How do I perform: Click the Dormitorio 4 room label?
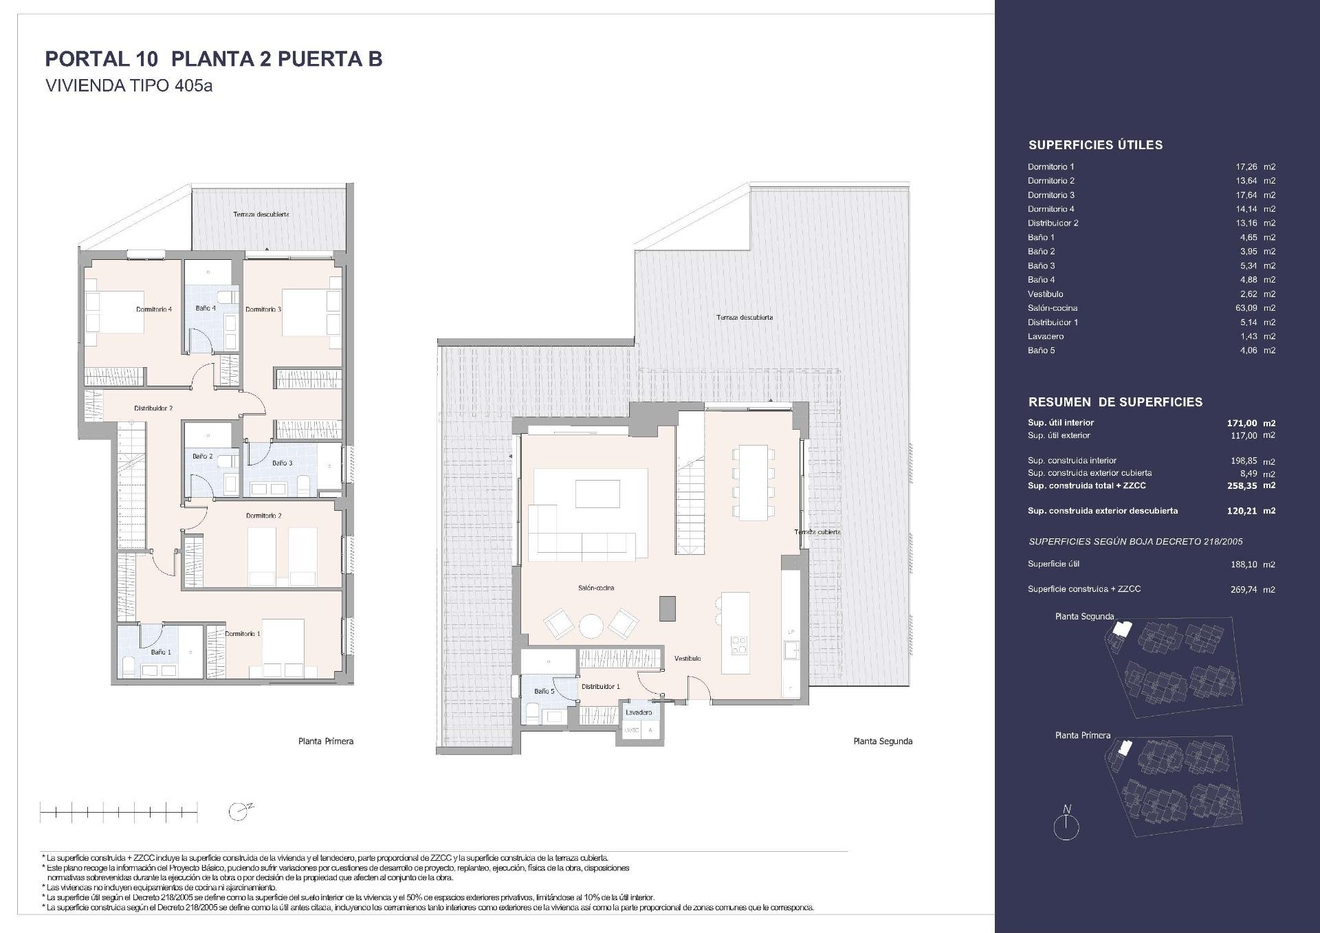pos(154,309)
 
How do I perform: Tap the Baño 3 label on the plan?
pos(282,463)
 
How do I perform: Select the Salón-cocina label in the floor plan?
pos(596,588)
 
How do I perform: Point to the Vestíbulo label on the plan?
pos(687,659)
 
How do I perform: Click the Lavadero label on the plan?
pos(639,712)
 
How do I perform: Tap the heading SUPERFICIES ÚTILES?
pos(1095,145)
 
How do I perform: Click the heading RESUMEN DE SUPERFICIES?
pos(1115,402)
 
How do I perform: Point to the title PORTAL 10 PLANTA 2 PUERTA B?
pos(213,59)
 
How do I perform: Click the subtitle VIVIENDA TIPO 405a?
pos(129,87)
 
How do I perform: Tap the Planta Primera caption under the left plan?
pos(326,741)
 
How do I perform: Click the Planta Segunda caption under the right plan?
pos(883,741)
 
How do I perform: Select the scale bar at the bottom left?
pos(119,813)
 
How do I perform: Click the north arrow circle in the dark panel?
pos(1066,828)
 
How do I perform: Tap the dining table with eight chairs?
pos(753,482)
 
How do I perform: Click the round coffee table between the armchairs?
pos(591,626)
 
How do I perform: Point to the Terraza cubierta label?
pos(817,532)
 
